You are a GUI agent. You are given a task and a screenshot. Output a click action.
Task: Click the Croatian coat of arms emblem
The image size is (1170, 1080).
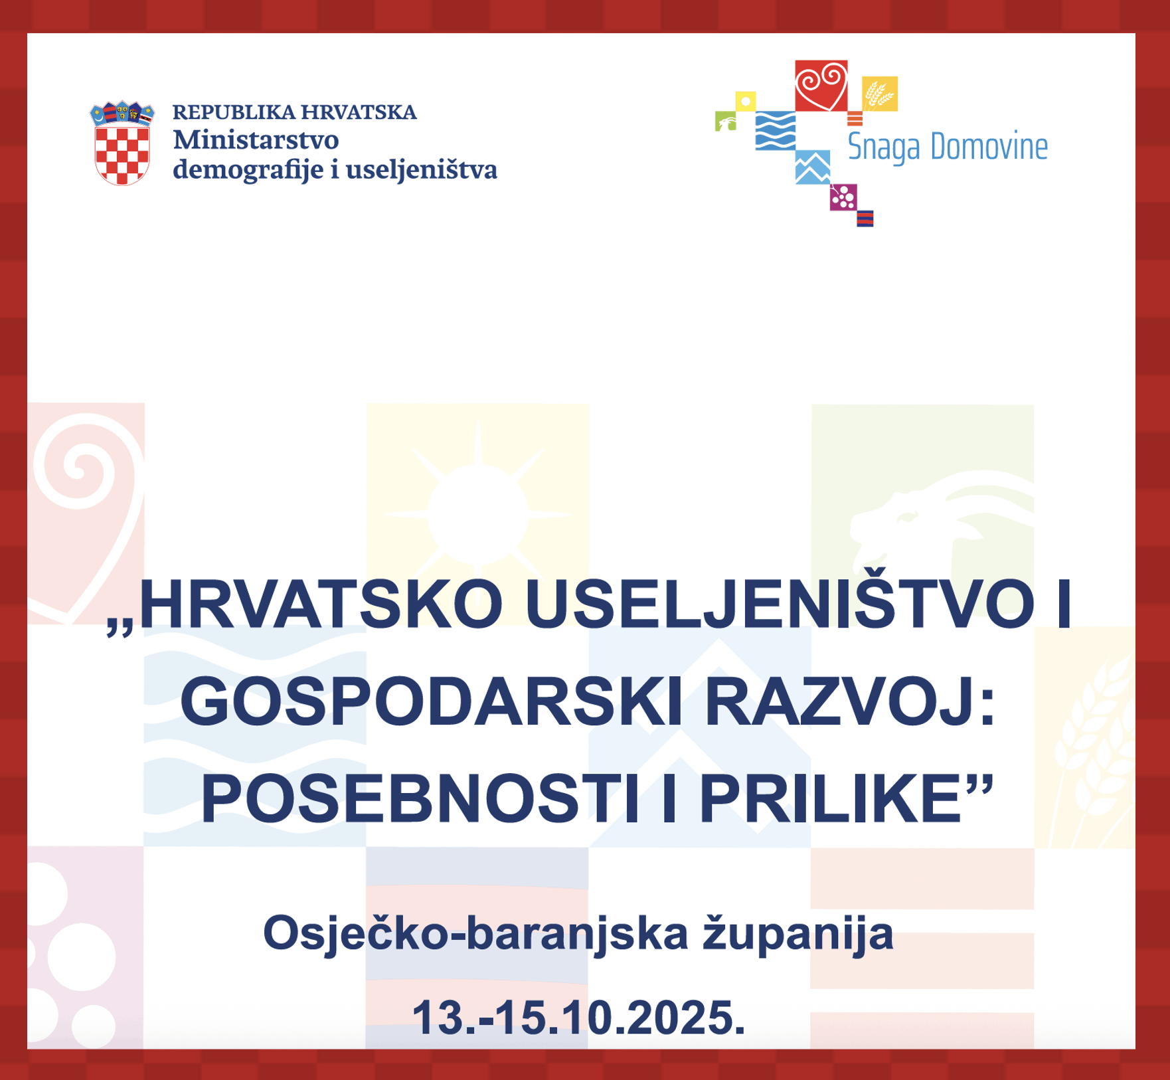pos(122,143)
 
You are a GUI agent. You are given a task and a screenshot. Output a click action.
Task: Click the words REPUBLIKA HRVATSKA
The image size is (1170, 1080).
pos(295,112)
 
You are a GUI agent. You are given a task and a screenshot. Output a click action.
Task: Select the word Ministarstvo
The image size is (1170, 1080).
pos(256,140)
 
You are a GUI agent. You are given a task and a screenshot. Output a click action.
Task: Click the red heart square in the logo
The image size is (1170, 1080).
pos(821,86)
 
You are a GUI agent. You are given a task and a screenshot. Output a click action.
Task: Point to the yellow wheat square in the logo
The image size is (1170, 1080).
pos(880,94)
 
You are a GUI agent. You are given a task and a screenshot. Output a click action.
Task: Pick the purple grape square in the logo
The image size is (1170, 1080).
pos(843,197)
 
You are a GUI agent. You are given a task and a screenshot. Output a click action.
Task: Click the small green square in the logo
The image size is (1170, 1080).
pos(726,122)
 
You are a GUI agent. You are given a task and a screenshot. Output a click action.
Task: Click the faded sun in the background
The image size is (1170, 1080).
pos(477,515)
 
